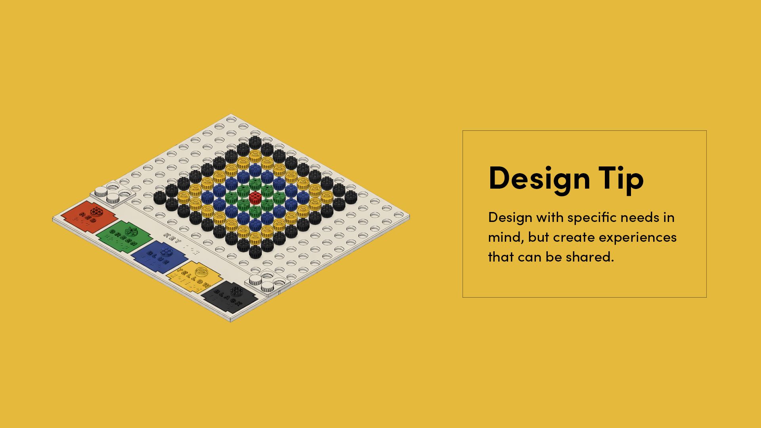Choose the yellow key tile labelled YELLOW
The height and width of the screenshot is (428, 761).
194,275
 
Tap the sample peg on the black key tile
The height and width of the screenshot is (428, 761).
237,291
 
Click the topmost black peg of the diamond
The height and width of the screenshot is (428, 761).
254,141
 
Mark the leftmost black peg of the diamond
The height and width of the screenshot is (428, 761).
159,197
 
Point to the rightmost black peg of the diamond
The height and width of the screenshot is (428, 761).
350,196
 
